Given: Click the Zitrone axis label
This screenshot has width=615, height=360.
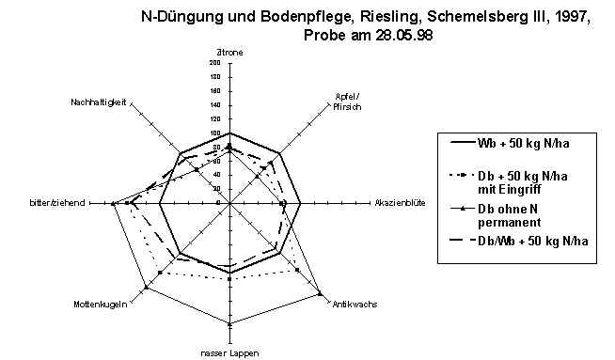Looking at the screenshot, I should click(230, 53).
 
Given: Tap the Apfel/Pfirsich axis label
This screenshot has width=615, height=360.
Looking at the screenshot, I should click(348, 101).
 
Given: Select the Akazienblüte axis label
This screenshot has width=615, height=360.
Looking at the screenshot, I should click(401, 202).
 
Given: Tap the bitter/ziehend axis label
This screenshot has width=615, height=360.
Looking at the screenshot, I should click(56, 202).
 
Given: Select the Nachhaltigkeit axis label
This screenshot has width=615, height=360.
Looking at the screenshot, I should click(99, 101).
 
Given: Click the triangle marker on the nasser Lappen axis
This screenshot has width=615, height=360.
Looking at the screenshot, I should click(229, 324).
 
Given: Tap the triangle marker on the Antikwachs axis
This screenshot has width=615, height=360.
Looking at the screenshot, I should click(320, 291).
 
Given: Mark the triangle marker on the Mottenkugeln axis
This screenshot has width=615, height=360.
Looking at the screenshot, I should click(146, 287).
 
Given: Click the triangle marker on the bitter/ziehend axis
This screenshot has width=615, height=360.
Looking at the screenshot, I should click(114, 203).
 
